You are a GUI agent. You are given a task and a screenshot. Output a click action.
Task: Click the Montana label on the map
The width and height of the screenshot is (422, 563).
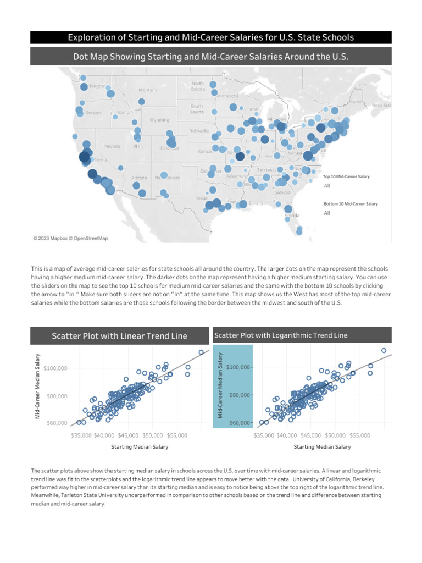[147, 90]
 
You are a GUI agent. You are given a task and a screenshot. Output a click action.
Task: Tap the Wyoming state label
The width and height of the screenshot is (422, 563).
[159, 120]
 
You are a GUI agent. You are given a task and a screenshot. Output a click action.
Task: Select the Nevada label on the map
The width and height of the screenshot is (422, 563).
[112, 146]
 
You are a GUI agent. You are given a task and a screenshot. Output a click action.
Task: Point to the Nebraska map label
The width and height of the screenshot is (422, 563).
[199, 131]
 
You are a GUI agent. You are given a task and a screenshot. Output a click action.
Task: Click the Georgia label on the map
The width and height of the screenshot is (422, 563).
[282, 192]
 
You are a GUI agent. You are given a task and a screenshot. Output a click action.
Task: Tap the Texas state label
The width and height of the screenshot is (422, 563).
[202, 198]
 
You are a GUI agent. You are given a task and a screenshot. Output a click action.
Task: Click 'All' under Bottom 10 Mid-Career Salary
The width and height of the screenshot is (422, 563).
[327, 213]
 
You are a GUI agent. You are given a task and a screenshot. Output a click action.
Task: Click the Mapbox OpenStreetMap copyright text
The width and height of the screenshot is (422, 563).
[70, 238]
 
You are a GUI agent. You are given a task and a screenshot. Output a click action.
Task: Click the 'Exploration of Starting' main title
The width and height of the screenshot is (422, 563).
[211, 37]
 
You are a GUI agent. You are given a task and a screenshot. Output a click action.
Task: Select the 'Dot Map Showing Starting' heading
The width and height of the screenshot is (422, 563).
[211, 57]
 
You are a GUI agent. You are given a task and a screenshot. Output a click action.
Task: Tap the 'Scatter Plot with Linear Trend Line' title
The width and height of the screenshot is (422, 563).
[119, 336]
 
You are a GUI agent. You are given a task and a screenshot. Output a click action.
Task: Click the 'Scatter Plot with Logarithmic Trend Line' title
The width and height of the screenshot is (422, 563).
[281, 335]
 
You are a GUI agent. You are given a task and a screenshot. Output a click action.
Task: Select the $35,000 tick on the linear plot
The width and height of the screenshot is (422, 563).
[81, 435]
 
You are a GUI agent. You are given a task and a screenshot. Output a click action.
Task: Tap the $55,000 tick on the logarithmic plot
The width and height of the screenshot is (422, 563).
[359, 435]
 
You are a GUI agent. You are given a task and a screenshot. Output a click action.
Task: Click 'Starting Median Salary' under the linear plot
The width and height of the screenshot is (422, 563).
[140, 447]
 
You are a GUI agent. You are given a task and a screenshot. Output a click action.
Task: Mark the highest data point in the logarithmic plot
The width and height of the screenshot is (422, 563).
[384, 350]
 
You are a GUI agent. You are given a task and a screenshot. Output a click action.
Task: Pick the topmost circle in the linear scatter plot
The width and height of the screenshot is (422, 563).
[201, 352]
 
